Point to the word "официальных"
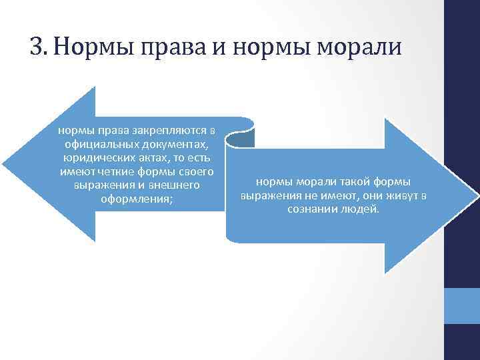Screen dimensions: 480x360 (100, 145)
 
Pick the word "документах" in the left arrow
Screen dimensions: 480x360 (175, 145)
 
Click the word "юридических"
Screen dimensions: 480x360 (95, 158)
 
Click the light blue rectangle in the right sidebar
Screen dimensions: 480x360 (461, 306)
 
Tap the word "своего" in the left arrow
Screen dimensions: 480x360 (195, 171)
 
